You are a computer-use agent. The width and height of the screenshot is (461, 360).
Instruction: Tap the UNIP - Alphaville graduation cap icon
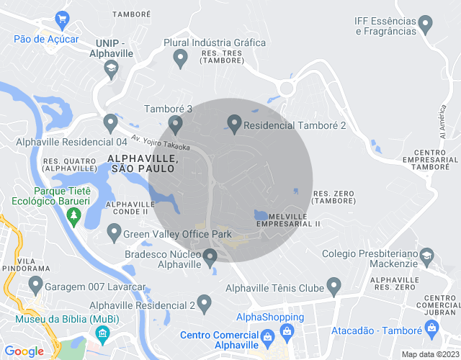pyautogui.click(x=110, y=69)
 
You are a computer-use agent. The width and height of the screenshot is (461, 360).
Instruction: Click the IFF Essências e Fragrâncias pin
pyautogui.click(x=425, y=25)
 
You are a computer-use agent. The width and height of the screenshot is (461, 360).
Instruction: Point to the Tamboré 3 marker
pyautogui.click(x=175, y=124)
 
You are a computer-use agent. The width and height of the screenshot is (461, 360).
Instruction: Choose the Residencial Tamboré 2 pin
pyautogui.click(x=234, y=124)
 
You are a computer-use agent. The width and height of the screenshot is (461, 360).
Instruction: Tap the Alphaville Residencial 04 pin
pyautogui.click(x=110, y=123)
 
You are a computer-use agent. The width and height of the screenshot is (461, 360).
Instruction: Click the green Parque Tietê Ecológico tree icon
pyautogui.click(x=73, y=215)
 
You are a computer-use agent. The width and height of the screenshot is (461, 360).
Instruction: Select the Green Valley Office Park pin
pyautogui.click(x=114, y=233)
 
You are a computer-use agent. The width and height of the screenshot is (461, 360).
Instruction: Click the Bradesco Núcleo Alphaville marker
pyautogui.click(x=210, y=257)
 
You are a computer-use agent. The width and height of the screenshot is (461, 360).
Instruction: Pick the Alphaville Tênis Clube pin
pyautogui.click(x=334, y=287)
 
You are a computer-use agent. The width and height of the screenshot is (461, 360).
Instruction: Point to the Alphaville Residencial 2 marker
pyautogui.click(x=205, y=303)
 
